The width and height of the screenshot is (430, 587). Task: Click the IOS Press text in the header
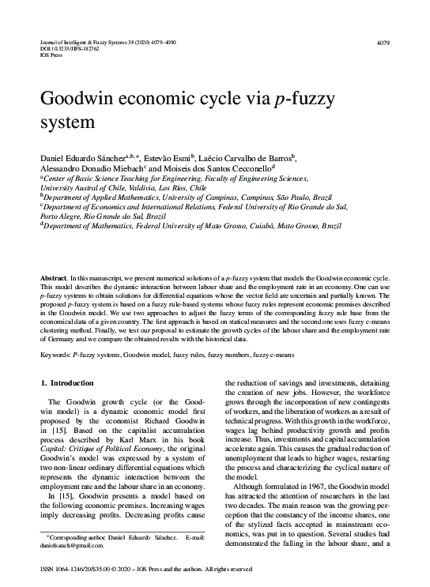(51, 55)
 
